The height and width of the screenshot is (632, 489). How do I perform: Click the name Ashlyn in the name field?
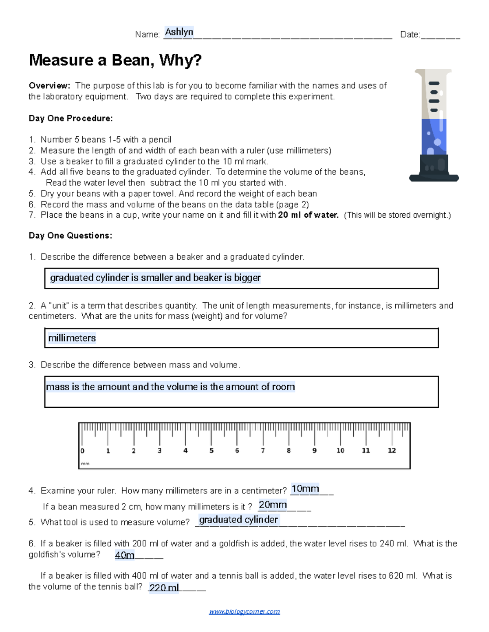(x=179, y=32)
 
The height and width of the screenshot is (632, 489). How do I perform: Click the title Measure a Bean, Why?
(x=115, y=60)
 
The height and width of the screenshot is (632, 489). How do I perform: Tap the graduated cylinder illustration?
(x=434, y=125)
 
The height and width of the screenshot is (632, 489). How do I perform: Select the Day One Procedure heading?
(x=70, y=118)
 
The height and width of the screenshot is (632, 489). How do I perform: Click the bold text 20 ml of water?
(x=308, y=215)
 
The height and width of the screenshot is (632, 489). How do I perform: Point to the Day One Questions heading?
(x=70, y=236)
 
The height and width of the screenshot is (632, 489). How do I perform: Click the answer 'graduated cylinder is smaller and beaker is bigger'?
(x=155, y=278)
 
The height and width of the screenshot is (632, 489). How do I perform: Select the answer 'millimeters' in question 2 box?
(x=72, y=338)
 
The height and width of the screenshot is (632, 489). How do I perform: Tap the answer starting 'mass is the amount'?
(x=170, y=387)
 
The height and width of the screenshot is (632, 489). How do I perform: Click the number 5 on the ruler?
(x=211, y=450)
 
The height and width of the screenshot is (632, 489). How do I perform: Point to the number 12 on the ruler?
(x=392, y=450)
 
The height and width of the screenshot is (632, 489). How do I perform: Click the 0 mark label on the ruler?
(x=82, y=451)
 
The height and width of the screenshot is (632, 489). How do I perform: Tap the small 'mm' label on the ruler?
(x=85, y=464)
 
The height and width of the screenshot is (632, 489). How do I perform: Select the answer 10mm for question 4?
(x=305, y=489)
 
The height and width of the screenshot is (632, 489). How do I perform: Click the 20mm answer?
(x=273, y=505)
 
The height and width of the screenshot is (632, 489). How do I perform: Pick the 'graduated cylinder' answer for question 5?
(x=238, y=520)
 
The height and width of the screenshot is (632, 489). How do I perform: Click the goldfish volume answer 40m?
(x=124, y=555)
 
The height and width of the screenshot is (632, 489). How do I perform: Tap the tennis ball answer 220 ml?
(x=164, y=588)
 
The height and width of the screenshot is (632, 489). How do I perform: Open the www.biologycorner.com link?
(x=244, y=611)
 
